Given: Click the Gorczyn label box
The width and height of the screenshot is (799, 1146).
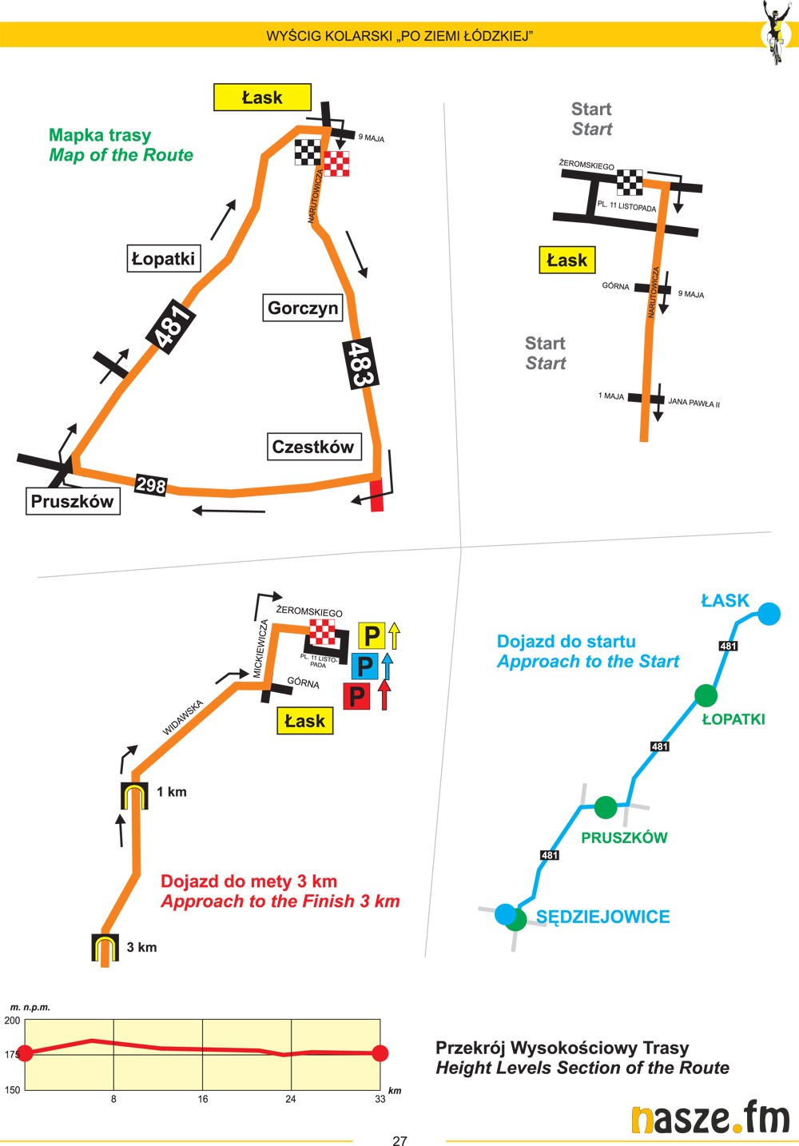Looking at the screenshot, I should (303, 308).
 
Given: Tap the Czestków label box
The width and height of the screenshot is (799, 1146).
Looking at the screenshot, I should (313, 447).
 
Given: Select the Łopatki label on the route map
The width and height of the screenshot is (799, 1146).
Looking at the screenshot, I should (164, 259).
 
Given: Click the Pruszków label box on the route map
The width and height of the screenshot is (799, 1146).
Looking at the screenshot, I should (73, 502).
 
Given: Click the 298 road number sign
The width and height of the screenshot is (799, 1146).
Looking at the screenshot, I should (151, 484).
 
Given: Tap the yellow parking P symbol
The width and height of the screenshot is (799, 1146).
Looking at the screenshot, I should (372, 636).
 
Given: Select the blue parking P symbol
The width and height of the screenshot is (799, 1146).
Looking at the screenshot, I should (364, 666).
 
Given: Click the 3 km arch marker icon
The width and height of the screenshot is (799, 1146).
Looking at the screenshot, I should (105, 947).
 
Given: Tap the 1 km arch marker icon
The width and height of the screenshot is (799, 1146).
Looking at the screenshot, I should (135, 795).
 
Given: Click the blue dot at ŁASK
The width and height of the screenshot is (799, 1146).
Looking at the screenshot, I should (769, 614).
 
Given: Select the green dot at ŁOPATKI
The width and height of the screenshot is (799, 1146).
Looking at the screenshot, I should (706, 695).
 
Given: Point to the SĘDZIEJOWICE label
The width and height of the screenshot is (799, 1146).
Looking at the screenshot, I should (602, 917).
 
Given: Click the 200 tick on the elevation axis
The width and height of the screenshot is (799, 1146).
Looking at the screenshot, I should (13, 1021).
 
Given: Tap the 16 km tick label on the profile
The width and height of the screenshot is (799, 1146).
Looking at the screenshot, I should (203, 1100).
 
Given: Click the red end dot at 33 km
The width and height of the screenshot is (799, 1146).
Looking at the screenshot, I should (380, 1053).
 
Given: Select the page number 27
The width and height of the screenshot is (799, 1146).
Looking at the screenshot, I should (399, 1140).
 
